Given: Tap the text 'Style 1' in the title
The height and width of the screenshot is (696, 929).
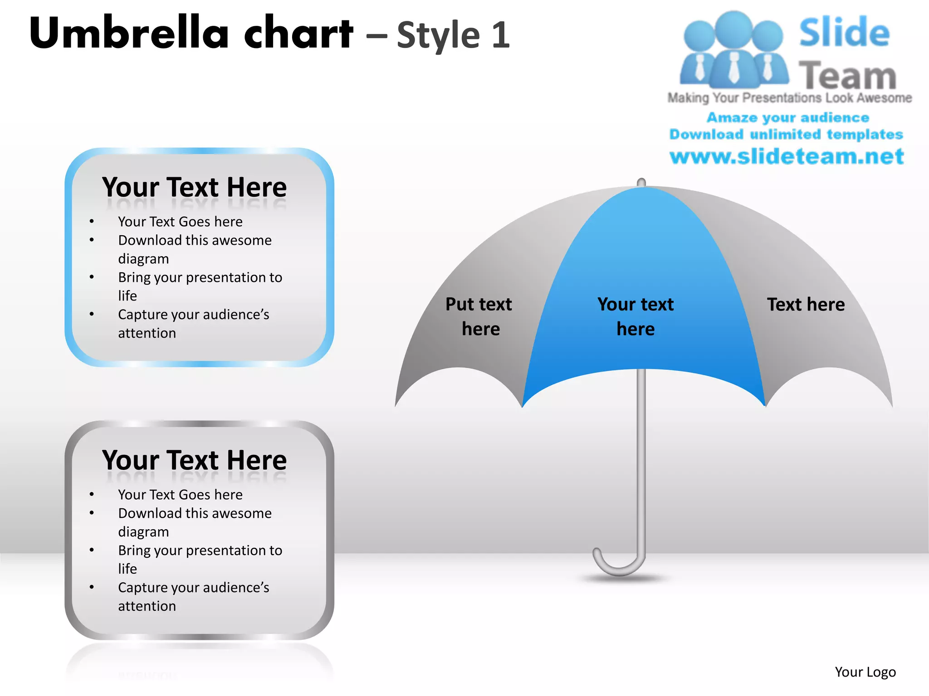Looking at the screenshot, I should pyautogui.click(x=453, y=35).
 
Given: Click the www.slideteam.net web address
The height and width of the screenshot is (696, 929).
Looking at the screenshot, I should pyautogui.click(x=787, y=156).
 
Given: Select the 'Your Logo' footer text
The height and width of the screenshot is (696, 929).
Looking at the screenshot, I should pyautogui.click(x=865, y=672).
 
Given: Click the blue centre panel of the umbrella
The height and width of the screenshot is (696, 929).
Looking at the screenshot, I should pyautogui.click(x=644, y=254).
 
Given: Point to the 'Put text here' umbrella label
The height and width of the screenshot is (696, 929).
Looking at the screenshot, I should pyautogui.click(x=479, y=316).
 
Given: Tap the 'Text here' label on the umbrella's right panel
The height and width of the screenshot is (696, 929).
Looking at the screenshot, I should pyautogui.click(x=806, y=304).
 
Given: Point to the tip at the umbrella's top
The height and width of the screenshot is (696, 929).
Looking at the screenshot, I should pyautogui.click(x=641, y=182).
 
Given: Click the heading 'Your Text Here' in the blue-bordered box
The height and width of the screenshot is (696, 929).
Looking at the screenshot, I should pyautogui.click(x=194, y=187).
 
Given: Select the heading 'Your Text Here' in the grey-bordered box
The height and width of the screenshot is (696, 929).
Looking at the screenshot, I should pyautogui.click(x=194, y=460).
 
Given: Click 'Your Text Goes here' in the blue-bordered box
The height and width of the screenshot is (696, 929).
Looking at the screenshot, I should pyautogui.click(x=180, y=222).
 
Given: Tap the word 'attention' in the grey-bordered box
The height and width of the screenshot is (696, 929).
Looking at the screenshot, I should pyautogui.click(x=147, y=606).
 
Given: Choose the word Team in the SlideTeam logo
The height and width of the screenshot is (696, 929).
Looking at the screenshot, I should pyautogui.click(x=847, y=76).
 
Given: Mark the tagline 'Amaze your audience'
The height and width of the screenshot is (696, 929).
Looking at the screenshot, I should pyautogui.click(x=787, y=118).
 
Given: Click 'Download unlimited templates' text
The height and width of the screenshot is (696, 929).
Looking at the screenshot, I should pyautogui.click(x=786, y=135).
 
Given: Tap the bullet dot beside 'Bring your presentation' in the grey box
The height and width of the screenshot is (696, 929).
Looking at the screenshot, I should pyautogui.click(x=92, y=550).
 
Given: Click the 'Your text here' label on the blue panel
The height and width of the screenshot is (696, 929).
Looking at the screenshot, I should pyautogui.click(x=636, y=316).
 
